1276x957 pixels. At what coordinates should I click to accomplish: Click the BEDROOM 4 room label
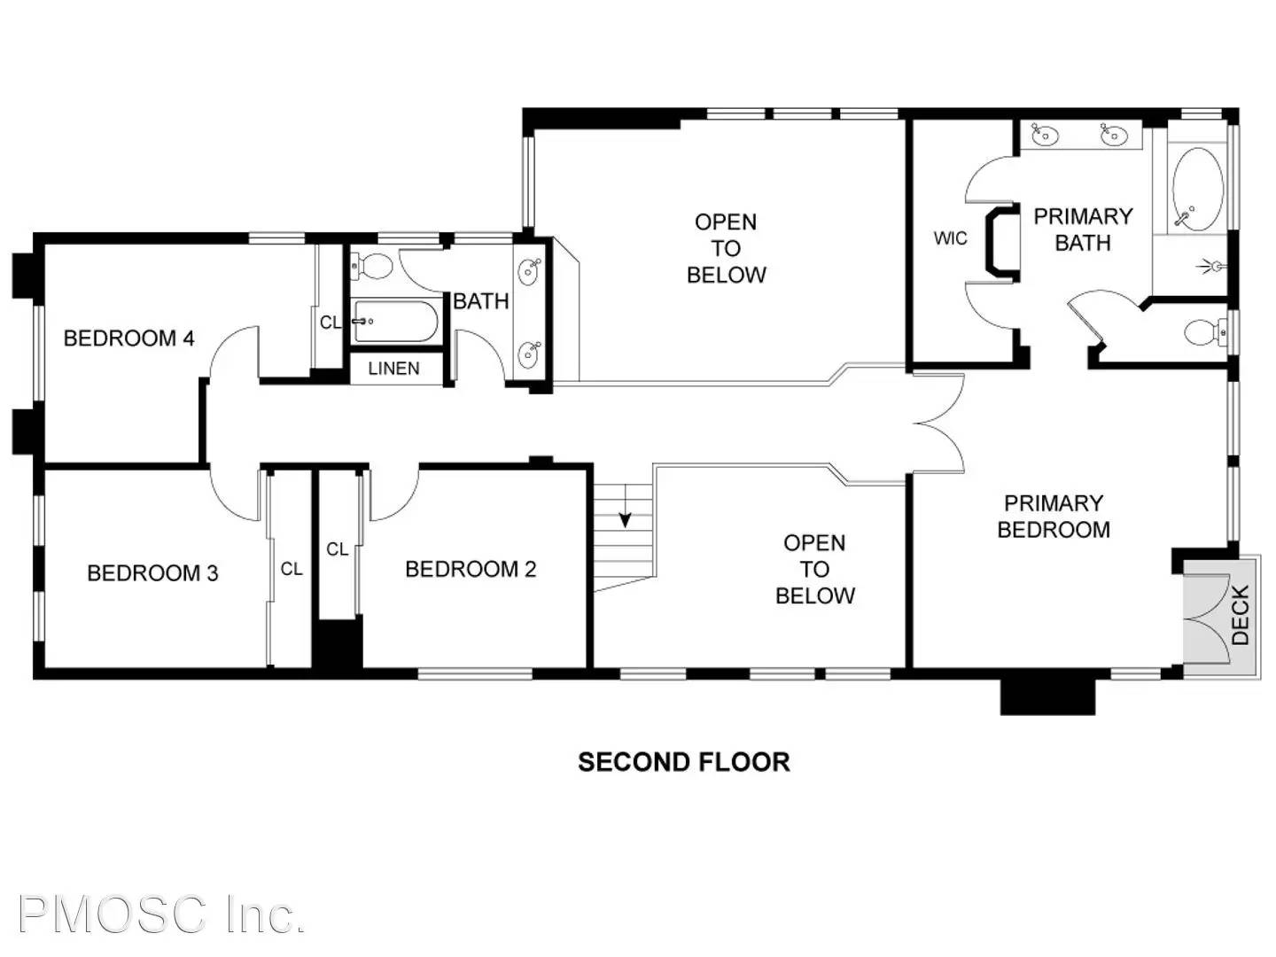128,338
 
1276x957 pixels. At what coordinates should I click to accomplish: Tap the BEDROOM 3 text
152,572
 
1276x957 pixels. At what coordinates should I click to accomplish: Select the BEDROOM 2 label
471,569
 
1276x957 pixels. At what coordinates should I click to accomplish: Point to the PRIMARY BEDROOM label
1053,517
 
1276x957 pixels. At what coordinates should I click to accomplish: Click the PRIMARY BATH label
1083,230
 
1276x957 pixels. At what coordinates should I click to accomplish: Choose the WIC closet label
950,238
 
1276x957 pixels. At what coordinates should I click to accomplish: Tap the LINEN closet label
393,368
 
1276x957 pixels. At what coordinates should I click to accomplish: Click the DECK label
1241,614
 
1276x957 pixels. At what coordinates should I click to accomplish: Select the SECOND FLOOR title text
683,762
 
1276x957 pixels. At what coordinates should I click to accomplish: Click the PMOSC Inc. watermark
161,914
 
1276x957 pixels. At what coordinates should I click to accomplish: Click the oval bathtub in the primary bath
1197,190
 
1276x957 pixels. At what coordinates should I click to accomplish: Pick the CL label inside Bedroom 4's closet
330,323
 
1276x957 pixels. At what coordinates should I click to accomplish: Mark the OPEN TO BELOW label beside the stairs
814,569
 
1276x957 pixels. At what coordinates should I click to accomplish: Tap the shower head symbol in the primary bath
1214,265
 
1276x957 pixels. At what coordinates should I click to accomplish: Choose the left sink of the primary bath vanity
1045,136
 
